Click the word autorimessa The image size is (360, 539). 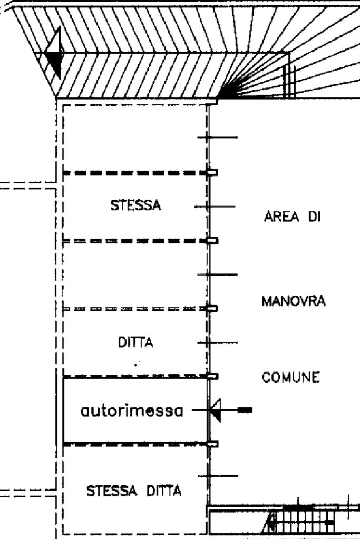(x=132, y=411)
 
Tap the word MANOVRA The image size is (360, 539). (x=293, y=301)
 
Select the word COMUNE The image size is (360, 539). (x=290, y=377)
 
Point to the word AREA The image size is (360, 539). (x=281, y=217)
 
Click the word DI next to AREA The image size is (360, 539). (x=314, y=217)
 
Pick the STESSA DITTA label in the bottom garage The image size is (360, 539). (x=134, y=491)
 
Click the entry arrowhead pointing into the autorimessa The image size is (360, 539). (x=215, y=410)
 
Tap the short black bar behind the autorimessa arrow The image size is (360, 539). (x=245, y=410)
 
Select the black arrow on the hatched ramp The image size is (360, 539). (x=54, y=53)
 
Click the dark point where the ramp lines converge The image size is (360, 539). (x=227, y=92)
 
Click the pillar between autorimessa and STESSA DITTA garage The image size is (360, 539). (x=212, y=444)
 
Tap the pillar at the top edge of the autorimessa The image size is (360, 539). (x=212, y=376)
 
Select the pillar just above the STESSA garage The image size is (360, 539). (x=212, y=172)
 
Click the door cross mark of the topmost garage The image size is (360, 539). (x=217, y=138)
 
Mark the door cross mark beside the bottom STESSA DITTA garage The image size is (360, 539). (x=218, y=476)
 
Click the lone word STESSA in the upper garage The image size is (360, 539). (x=135, y=205)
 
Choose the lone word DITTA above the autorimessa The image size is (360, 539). (x=135, y=342)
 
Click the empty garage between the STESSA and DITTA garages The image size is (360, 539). (x=135, y=275)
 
